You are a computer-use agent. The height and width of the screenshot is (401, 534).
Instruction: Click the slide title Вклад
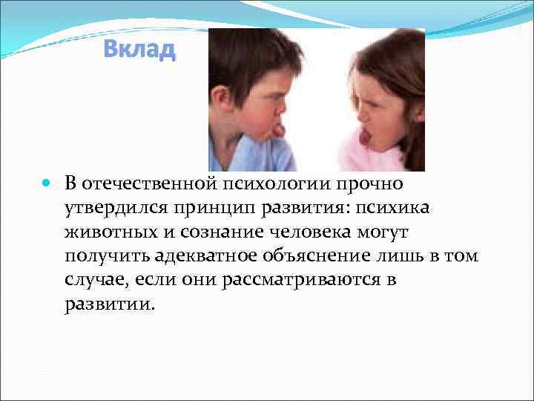(x=139, y=50)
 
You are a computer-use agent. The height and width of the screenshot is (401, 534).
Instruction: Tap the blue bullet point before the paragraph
(x=46, y=183)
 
